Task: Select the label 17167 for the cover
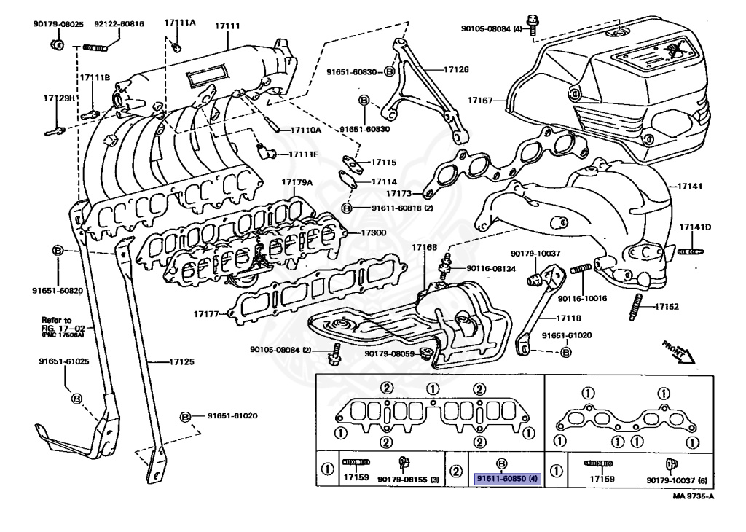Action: pos(480,100)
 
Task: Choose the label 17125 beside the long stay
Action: pos(181,361)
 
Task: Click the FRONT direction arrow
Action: pos(679,351)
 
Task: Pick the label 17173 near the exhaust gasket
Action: pos(399,194)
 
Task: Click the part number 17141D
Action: pos(695,227)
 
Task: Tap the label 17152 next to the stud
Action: pos(667,307)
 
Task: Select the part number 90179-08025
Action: pos(53,24)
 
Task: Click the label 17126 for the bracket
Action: pos(455,70)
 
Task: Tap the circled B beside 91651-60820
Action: pos(58,250)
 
